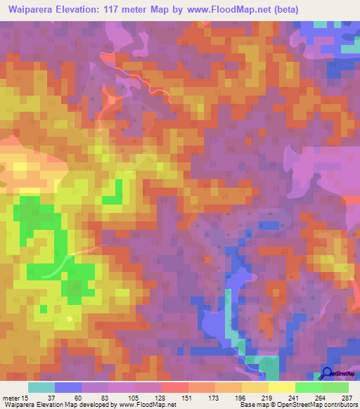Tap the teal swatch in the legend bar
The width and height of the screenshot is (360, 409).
tap(41, 387)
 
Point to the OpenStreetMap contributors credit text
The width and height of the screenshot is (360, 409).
tap(315, 405)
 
